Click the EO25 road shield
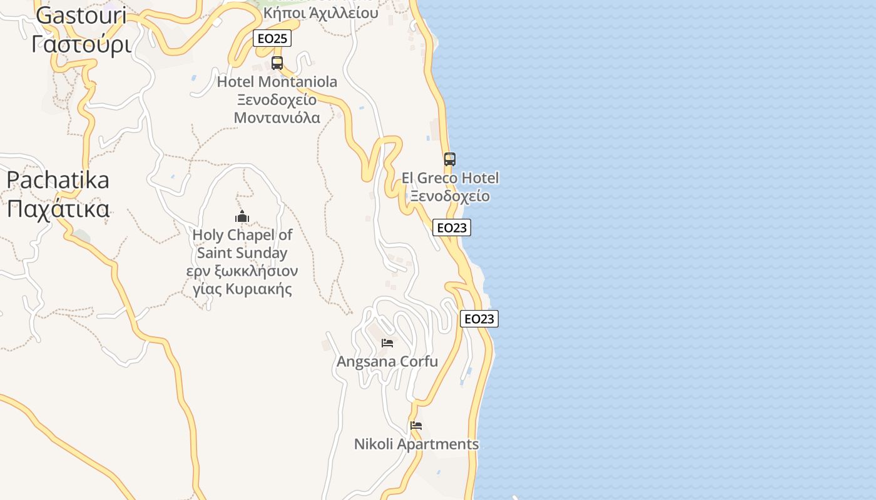[x=272, y=39]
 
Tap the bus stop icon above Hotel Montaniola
[x=277, y=63]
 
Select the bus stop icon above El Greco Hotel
[x=450, y=159]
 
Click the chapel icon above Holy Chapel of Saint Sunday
[x=242, y=217]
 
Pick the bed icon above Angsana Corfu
[x=387, y=343]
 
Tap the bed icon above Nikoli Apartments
[x=416, y=426]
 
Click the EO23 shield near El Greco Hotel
[x=452, y=227]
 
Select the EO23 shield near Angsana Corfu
[x=479, y=319]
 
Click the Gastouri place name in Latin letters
[x=81, y=16]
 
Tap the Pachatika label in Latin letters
[x=58, y=180]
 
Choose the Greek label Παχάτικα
[x=58, y=208]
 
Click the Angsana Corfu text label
[x=387, y=362]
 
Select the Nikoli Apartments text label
[x=416, y=444]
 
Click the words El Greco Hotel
[x=450, y=179]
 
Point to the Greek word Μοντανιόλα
[x=277, y=117]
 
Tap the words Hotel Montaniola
[x=277, y=82]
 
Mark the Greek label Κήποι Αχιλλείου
[x=321, y=13]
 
